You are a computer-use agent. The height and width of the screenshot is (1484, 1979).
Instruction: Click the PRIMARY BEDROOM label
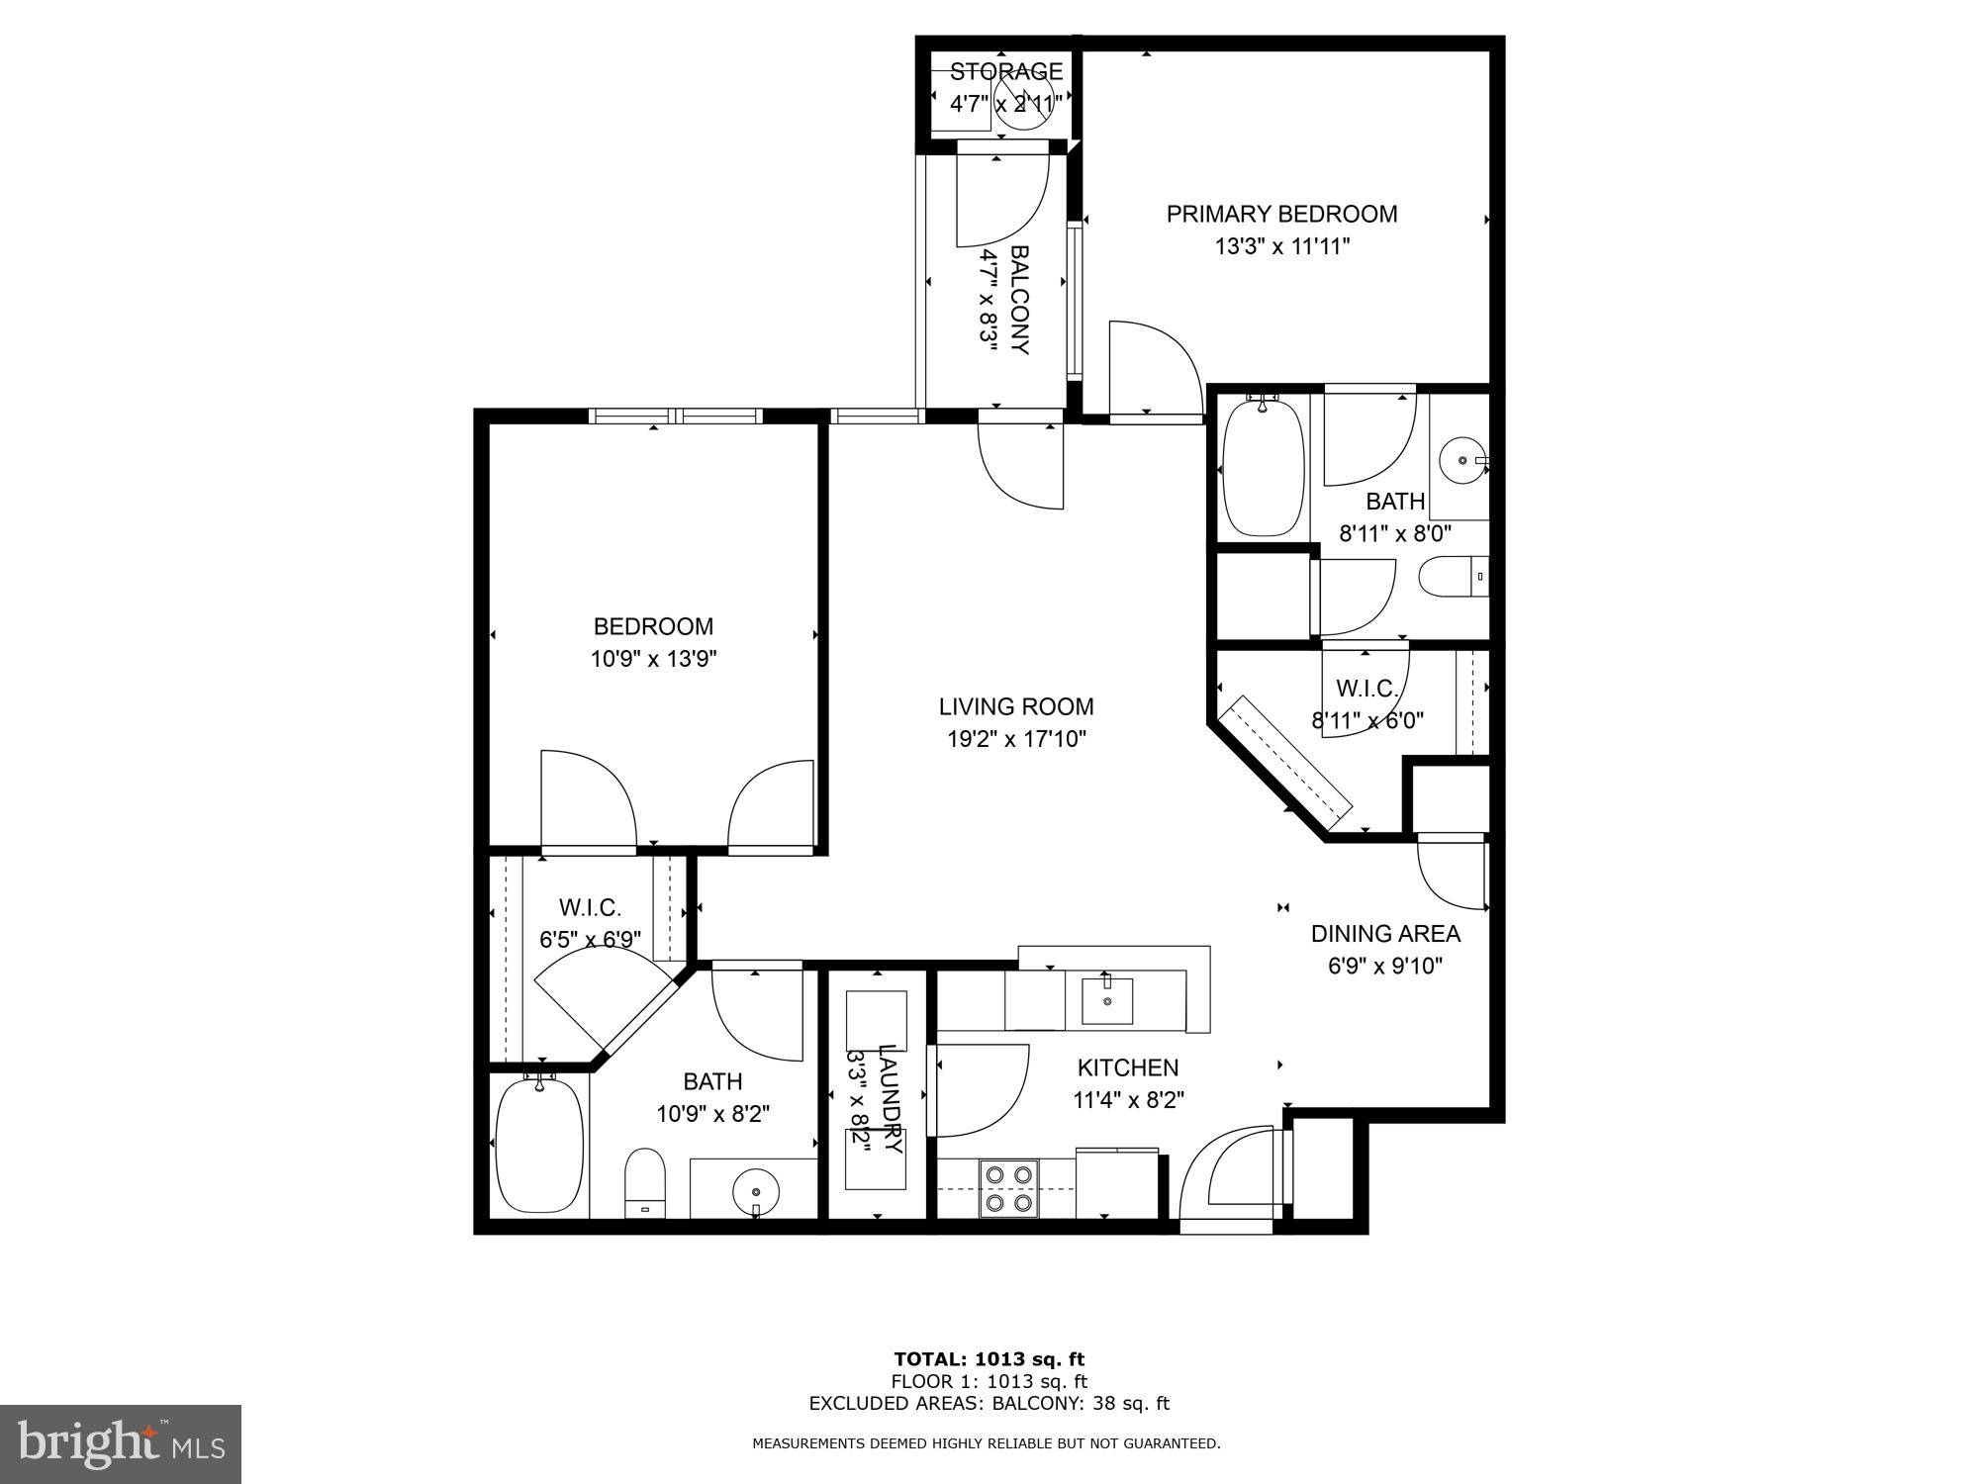point(1281,214)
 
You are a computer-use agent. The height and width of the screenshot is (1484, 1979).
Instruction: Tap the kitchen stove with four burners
point(1009,1188)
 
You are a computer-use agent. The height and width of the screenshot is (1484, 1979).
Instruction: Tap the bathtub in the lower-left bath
point(539,1146)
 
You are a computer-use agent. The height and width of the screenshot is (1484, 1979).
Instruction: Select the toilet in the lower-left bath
point(645,1182)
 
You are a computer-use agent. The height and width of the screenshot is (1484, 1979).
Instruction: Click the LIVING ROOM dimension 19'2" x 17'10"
point(1016,738)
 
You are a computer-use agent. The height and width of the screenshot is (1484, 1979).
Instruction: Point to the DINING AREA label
point(1385,933)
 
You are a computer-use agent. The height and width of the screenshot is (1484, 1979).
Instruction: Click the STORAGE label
point(1006,71)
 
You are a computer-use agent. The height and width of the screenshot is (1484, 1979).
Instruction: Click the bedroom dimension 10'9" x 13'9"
point(653,659)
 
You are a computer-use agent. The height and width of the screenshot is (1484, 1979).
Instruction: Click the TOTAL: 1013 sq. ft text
point(989,1359)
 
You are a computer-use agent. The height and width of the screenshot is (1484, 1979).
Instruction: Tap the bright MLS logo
point(121,1444)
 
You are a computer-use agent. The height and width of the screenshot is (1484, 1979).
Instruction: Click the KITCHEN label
point(1128,1067)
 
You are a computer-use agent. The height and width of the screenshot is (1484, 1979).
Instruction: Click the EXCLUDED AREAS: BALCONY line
point(989,1403)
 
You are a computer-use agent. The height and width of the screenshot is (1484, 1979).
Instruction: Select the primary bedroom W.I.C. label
point(1366,689)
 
